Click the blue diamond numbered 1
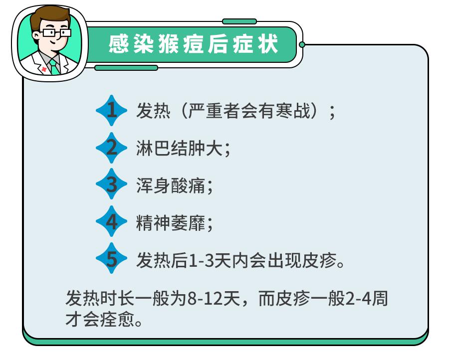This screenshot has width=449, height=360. tap(111, 111)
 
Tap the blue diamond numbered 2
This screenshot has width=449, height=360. tap(111, 148)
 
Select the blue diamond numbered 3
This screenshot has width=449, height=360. tap(111, 184)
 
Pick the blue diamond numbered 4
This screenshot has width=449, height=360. tap(111, 221)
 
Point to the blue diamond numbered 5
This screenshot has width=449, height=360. tap(111, 258)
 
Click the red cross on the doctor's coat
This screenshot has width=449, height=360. tap(43, 69)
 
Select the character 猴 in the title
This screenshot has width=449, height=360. tap(169, 44)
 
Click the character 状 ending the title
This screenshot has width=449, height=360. tap(267, 44)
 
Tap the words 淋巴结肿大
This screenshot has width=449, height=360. tap(180, 148)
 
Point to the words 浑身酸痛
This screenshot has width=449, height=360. tap(171, 185)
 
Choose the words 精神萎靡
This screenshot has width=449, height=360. tap(171, 223)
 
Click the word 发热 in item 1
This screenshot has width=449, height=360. tap(154, 111)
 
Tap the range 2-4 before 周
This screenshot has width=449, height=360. tap(358, 299)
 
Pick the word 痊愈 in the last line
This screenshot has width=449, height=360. tap(117, 320)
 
